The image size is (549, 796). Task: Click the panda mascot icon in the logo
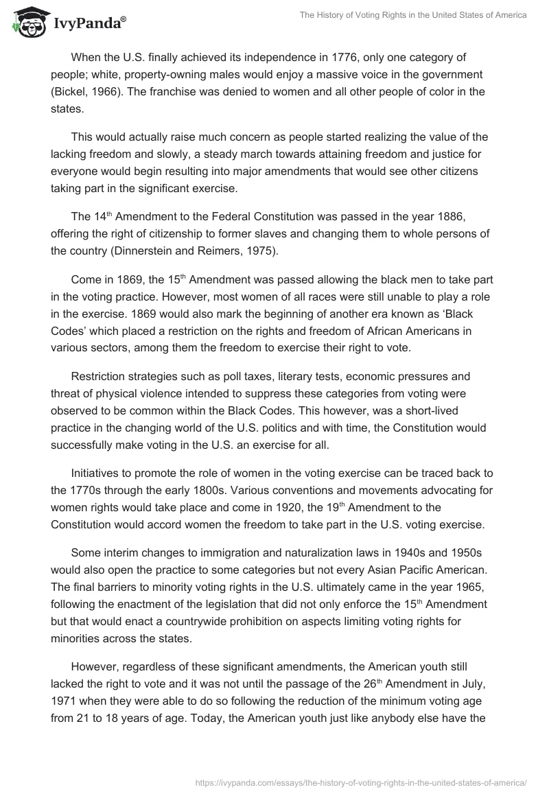pyautogui.click(x=25, y=23)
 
